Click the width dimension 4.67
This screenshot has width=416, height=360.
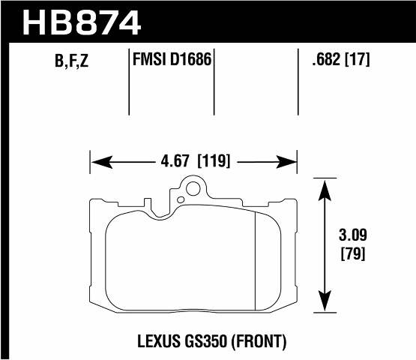click(x=174, y=161)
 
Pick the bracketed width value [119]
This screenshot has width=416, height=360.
click(x=214, y=161)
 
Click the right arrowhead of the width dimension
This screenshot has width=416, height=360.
click(x=293, y=161)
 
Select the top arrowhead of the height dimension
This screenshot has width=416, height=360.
click(x=324, y=184)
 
